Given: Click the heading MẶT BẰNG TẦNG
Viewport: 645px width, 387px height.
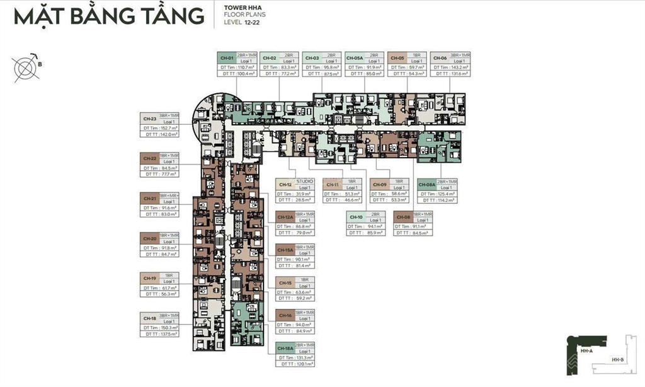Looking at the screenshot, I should point(109,17).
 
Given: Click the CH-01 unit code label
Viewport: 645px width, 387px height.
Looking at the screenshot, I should point(226,58).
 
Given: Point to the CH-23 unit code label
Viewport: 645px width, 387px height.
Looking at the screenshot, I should point(150,118).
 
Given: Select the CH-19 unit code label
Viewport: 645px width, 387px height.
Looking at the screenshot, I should point(150,278).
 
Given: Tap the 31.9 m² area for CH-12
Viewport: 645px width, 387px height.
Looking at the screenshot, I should point(305,193).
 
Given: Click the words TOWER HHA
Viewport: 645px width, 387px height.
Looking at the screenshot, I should point(241,8).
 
